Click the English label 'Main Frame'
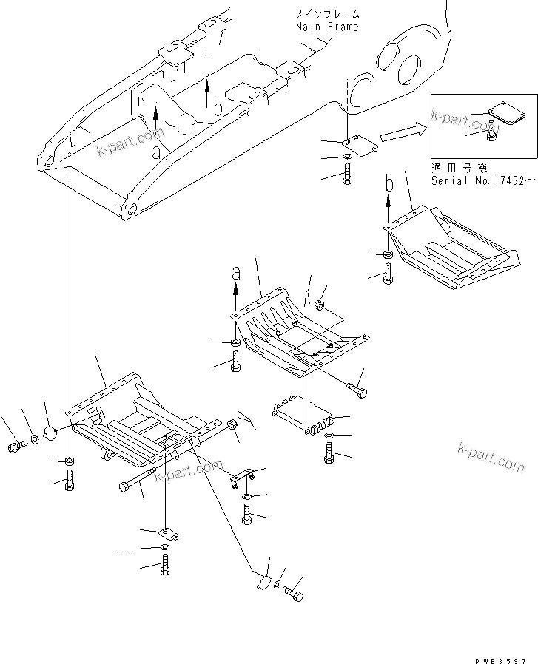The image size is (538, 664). (326, 27)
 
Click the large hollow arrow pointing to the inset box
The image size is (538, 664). (392, 134)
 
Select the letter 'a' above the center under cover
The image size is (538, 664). (236, 273)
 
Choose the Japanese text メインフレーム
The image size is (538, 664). (326, 14)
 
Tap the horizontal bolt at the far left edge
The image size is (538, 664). (16, 446)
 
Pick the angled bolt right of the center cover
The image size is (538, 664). (356, 387)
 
